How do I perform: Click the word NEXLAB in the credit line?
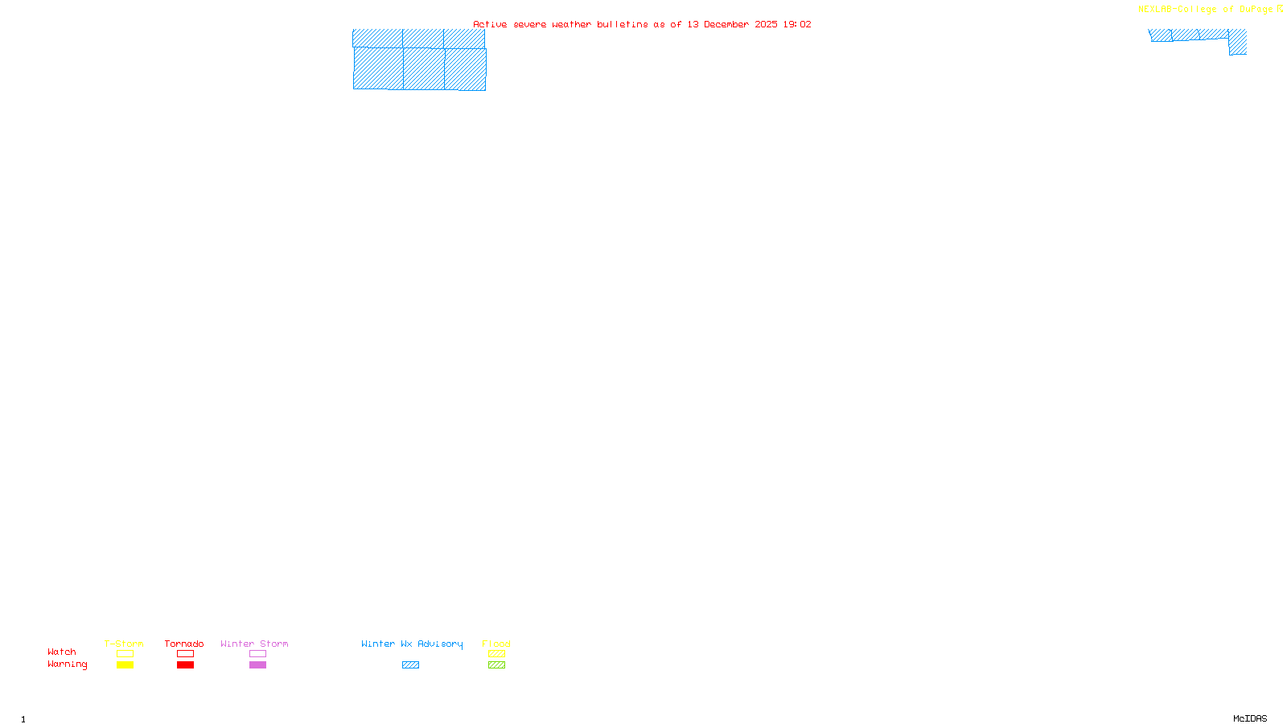[x=1155, y=10]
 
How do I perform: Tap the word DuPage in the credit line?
[x=1256, y=10]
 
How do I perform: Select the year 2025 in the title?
[x=766, y=25]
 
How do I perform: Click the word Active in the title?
[x=490, y=25]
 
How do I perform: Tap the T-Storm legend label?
[x=124, y=644]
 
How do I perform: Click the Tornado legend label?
[x=184, y=644]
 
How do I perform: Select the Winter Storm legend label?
[x=254, y=644]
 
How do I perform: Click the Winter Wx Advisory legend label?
[x=412, y=644]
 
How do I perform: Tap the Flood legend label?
[x=496, y=644]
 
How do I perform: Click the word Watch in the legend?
[x=62, y=652]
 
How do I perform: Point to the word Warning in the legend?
[x=67, y=664]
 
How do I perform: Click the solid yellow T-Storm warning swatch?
[x=125, y=665]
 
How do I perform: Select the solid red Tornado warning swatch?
[x=185, y=665]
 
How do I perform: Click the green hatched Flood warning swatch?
[x=496, y=665]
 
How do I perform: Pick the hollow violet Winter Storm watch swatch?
[x=257, y=654]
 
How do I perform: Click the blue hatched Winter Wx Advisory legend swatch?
[x=410, y=665]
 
